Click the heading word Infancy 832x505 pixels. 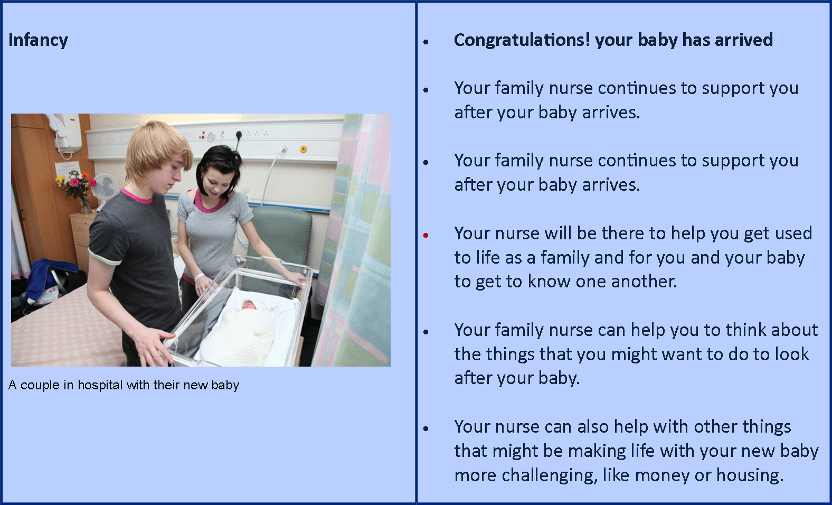click(x=38, y=41)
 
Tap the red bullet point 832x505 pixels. click(x=426, y=235)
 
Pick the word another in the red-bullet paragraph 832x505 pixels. click(x=642, y=282)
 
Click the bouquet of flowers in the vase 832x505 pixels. click(x=76, y=184)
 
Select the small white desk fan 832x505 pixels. click(x=105, y=190)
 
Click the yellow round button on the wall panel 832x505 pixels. click(x=304, y=149)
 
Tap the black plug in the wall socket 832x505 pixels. click(x=239, y=135)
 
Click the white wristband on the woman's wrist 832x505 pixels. click(x=199, y=277)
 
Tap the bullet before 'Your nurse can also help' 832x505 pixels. click(x=426, y=428)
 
